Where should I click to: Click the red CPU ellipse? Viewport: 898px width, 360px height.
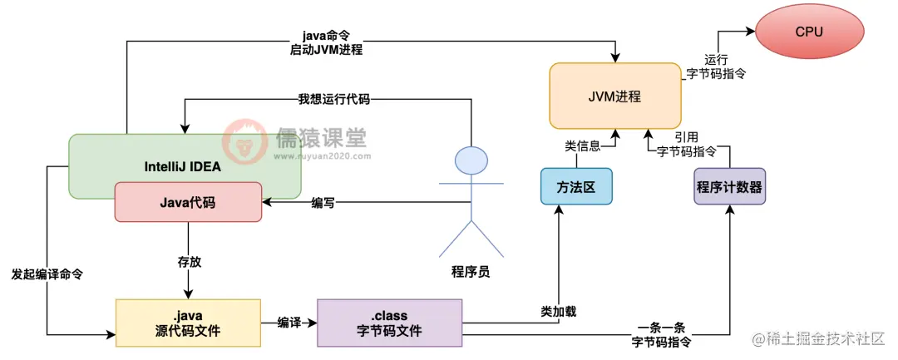pyautogui.click(x=808, y=32)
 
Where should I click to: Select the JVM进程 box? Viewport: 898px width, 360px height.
pyautogui.click(x=615, y=96)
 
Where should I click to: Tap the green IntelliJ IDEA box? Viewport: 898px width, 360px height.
pyautogui.click(x=184, y=165)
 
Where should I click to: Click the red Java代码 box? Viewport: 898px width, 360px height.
pyautogui.click(x=187, y=201)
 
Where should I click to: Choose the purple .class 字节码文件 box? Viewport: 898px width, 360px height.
pyautogui.click(x=389, y=323)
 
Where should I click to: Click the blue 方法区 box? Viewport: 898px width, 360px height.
pyautogui.click(x=575, y=187)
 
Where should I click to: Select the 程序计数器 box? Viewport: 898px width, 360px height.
pyautogui.click(x=728, y=187)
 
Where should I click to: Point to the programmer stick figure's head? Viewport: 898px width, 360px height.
pyautogui.click(x=471, y=160)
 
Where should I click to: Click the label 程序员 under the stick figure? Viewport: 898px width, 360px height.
pyautogui.click(x=470, y=271)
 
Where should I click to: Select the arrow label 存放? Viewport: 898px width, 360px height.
pyautogui.click(x=190, y=261)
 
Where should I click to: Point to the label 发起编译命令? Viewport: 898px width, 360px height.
pyautogui.click(x=47, y=274)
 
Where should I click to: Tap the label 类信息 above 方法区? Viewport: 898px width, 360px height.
pyautogui.click(x=582, y=145)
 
